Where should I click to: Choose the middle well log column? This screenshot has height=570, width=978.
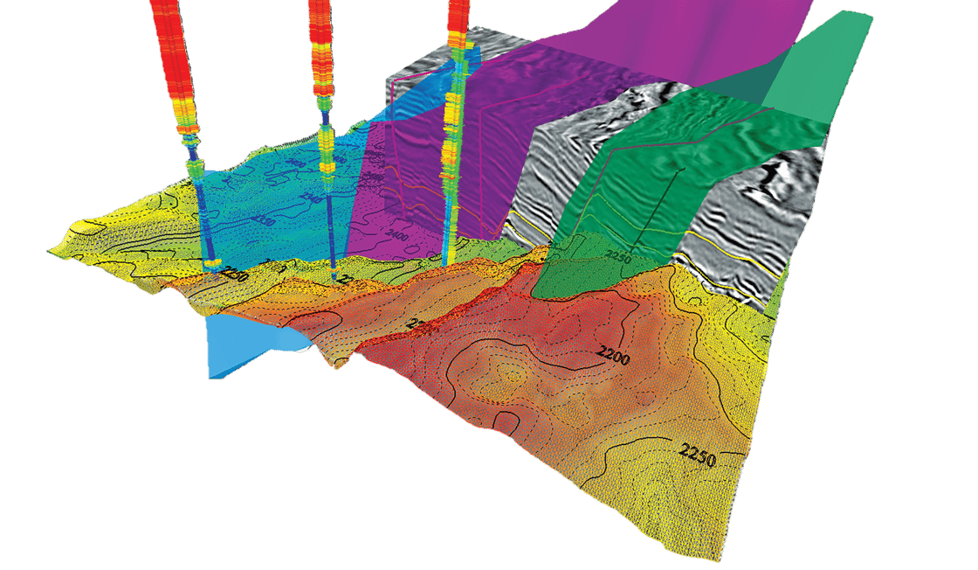click(x=320, y=52)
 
